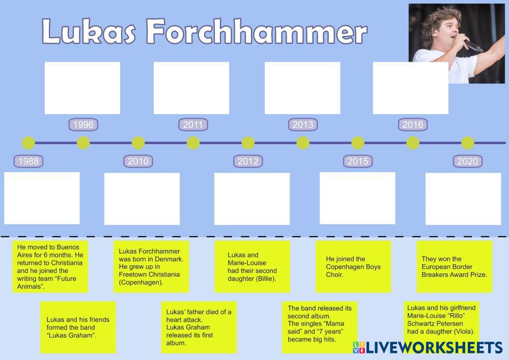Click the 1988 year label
tap(29, 161)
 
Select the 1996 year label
tap(83, 125)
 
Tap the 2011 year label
tap(193, 125)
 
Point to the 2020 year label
tap(468, 161)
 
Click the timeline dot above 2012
tap(248, 143)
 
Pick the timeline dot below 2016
tap(413, 143)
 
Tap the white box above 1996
tap(82, 88)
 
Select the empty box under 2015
tap(357, 198)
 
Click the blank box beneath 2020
tap(463, 199)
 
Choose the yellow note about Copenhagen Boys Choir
tap(353, 267)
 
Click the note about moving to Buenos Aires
tap(50, 267)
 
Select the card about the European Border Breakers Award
tap(454, 267)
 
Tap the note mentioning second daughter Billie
tap(252, 267)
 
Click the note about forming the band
tap(78, 327)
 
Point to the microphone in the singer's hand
tap(474, 46)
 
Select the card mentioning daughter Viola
tap(441, 320)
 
